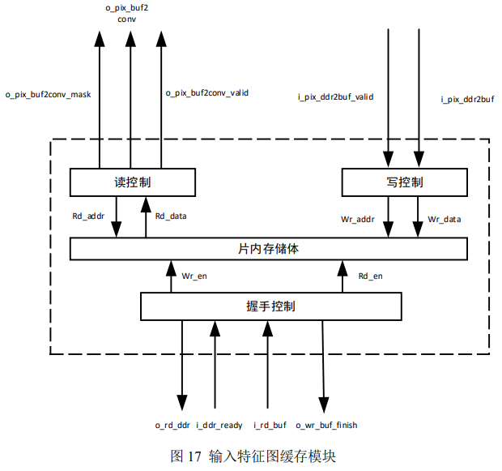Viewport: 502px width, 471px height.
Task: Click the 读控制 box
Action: tap(133, 182)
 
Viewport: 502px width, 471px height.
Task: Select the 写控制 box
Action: tap(405, 182)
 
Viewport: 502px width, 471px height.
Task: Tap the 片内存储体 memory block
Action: tap(268, 248)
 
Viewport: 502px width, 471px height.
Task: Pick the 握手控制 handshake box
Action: tap(270, 306)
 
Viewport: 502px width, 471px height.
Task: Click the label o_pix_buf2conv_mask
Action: tap(48, 94)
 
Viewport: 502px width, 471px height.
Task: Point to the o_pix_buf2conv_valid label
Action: tap(206, 93)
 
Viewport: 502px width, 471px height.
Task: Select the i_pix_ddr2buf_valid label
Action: tap(335, 97)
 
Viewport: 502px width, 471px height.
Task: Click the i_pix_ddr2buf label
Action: tap(467, 99)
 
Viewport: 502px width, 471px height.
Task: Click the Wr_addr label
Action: tap(358, 219)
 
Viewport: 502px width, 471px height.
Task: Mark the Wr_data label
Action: tap(445, 219)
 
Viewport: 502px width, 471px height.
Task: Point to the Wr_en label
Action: tap(194, 276)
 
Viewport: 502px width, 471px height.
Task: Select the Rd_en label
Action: tap(370, 276)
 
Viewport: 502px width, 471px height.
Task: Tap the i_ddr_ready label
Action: tap(219, 425)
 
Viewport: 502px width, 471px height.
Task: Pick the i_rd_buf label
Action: tap(270, 425)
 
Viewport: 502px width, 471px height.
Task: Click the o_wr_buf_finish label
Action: tap(326, 425)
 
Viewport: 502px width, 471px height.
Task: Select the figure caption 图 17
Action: tap(253, 456)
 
